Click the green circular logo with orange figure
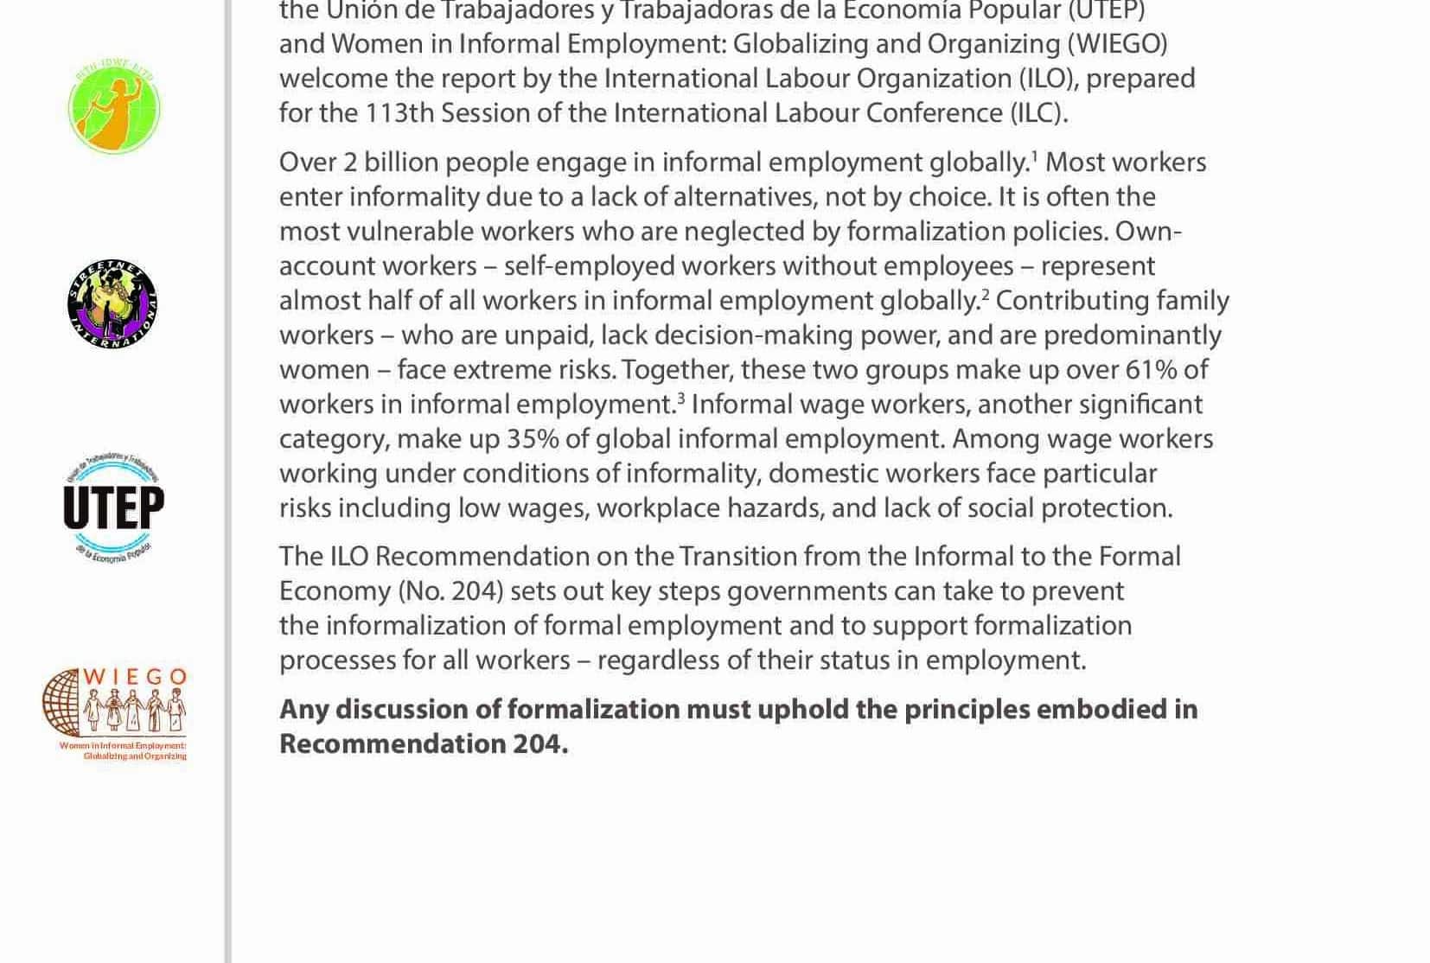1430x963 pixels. (114, 108)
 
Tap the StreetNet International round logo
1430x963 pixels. (112, 304)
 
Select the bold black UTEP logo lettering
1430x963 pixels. (113, 507)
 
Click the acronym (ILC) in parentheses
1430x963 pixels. (1037, 113)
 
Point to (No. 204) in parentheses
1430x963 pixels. (450, 591)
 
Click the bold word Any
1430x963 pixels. (303, 710)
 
